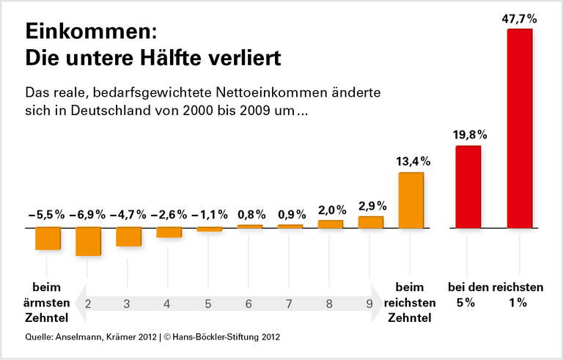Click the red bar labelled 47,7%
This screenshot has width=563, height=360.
coord(520,128)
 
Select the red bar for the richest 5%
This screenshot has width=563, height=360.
coord(468,187)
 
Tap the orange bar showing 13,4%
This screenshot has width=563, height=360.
coord(411,200)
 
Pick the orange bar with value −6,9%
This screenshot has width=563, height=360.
coord(88,241)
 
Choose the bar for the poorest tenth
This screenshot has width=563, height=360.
coord(48,238)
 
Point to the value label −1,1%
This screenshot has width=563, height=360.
coord(209,215)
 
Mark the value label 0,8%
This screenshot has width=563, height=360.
coord(250,215)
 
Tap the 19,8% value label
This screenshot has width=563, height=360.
coord(468,135)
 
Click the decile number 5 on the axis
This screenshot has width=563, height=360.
coord(208,304)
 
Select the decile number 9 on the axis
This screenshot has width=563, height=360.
coord(369,304)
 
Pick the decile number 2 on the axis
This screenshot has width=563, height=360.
coord(87,304)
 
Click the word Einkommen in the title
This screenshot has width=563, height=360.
coord(92,32)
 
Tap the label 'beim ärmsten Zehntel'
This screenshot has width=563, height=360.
coord(48,302)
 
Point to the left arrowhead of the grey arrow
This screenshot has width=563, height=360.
coord(78,304)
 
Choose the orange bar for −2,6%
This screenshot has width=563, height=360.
coord(169,232)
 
